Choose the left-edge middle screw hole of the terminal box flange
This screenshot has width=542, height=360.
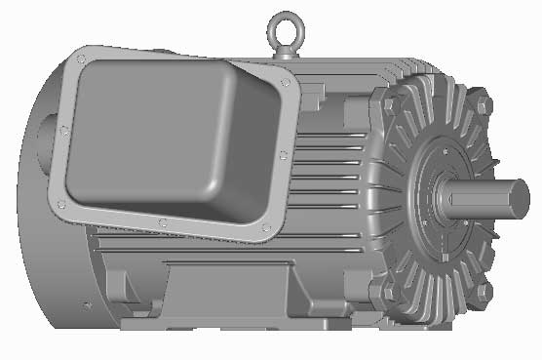(63, 129)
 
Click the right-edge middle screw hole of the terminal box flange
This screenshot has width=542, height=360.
(282, 155)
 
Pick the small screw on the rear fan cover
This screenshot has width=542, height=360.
(87, 305)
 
